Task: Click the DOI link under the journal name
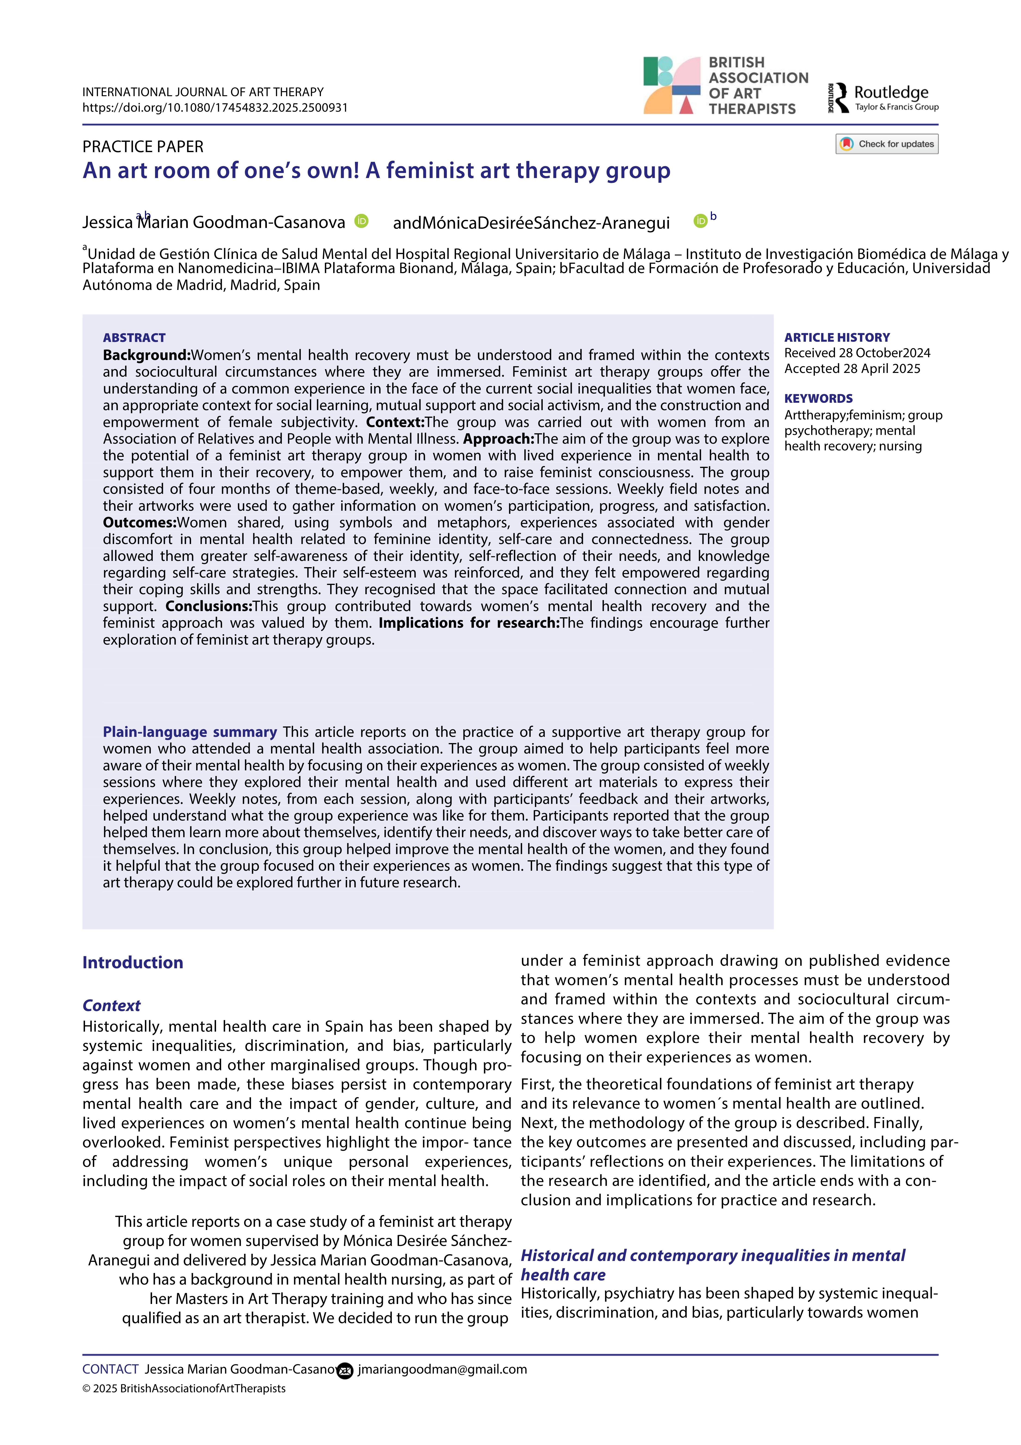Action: point(214,108)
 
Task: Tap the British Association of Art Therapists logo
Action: point(725,86)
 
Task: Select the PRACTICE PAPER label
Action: point(143,147)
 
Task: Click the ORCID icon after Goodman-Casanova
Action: point(361,221)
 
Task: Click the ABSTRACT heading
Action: point(134,337)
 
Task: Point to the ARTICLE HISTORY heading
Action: point(837,337)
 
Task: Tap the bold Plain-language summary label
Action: point(190,732)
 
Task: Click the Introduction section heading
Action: point(133,962)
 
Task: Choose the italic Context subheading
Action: point(111,1005)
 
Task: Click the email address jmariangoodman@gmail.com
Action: point(442,1369)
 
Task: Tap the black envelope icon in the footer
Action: point(345,1370)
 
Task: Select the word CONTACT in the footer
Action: point(110,1369)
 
